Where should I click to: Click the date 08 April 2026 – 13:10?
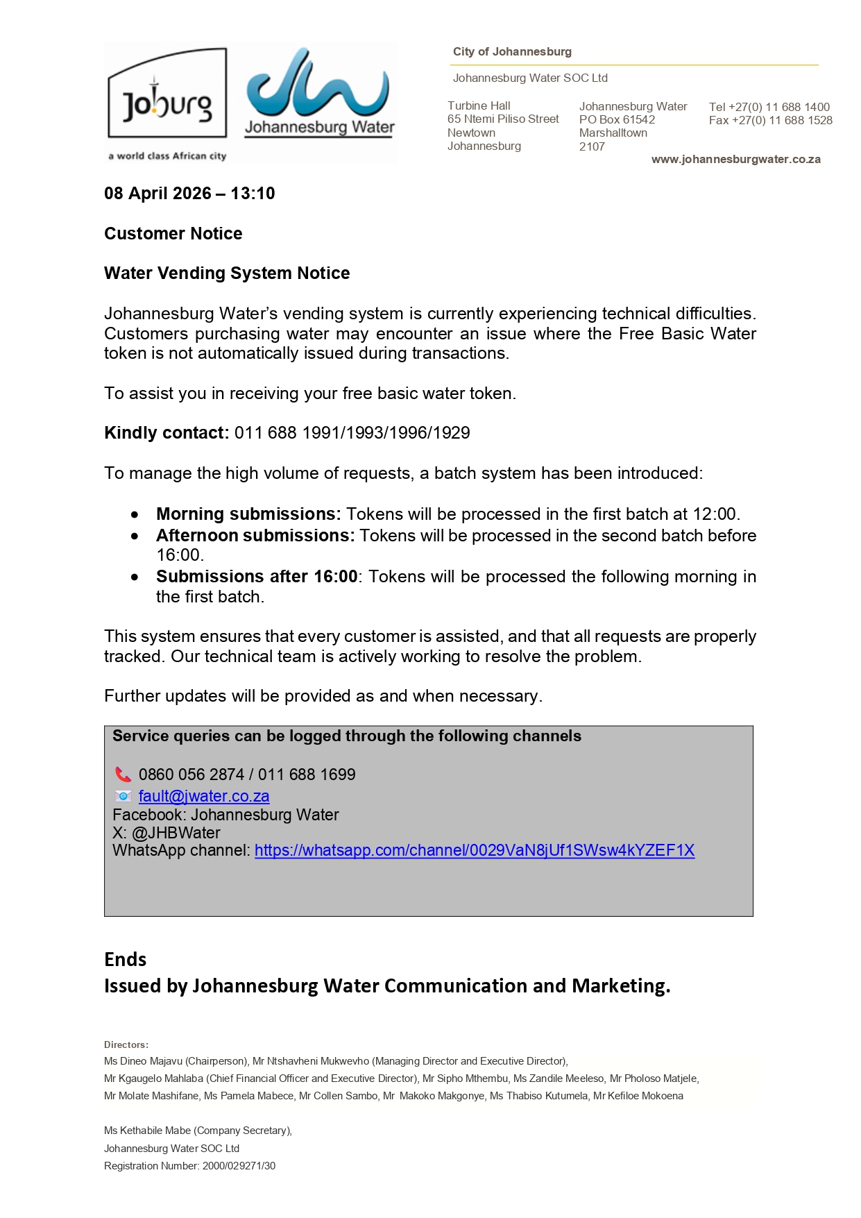189,194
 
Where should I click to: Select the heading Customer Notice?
173,234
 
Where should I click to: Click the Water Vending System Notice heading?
227,273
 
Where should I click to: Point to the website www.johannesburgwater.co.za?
735,160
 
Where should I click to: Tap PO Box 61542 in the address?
617,119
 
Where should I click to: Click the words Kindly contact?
167,433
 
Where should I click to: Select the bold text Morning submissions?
248,514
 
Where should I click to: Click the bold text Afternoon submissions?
255,536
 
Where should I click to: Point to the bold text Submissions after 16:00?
257,577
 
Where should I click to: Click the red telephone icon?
123,775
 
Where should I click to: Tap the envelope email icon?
123,796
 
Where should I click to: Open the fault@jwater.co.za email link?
204,797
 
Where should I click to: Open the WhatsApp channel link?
475,851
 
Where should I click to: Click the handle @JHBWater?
176,833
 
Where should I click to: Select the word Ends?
126,960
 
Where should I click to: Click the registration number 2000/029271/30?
239,1166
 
